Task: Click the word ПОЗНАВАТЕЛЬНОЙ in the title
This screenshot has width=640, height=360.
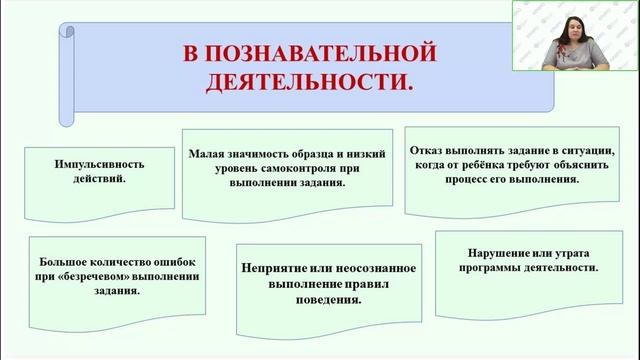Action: pos(322,50)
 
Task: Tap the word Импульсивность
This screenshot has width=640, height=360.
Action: pos(83,162)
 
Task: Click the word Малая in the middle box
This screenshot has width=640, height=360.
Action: pos(207,154)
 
